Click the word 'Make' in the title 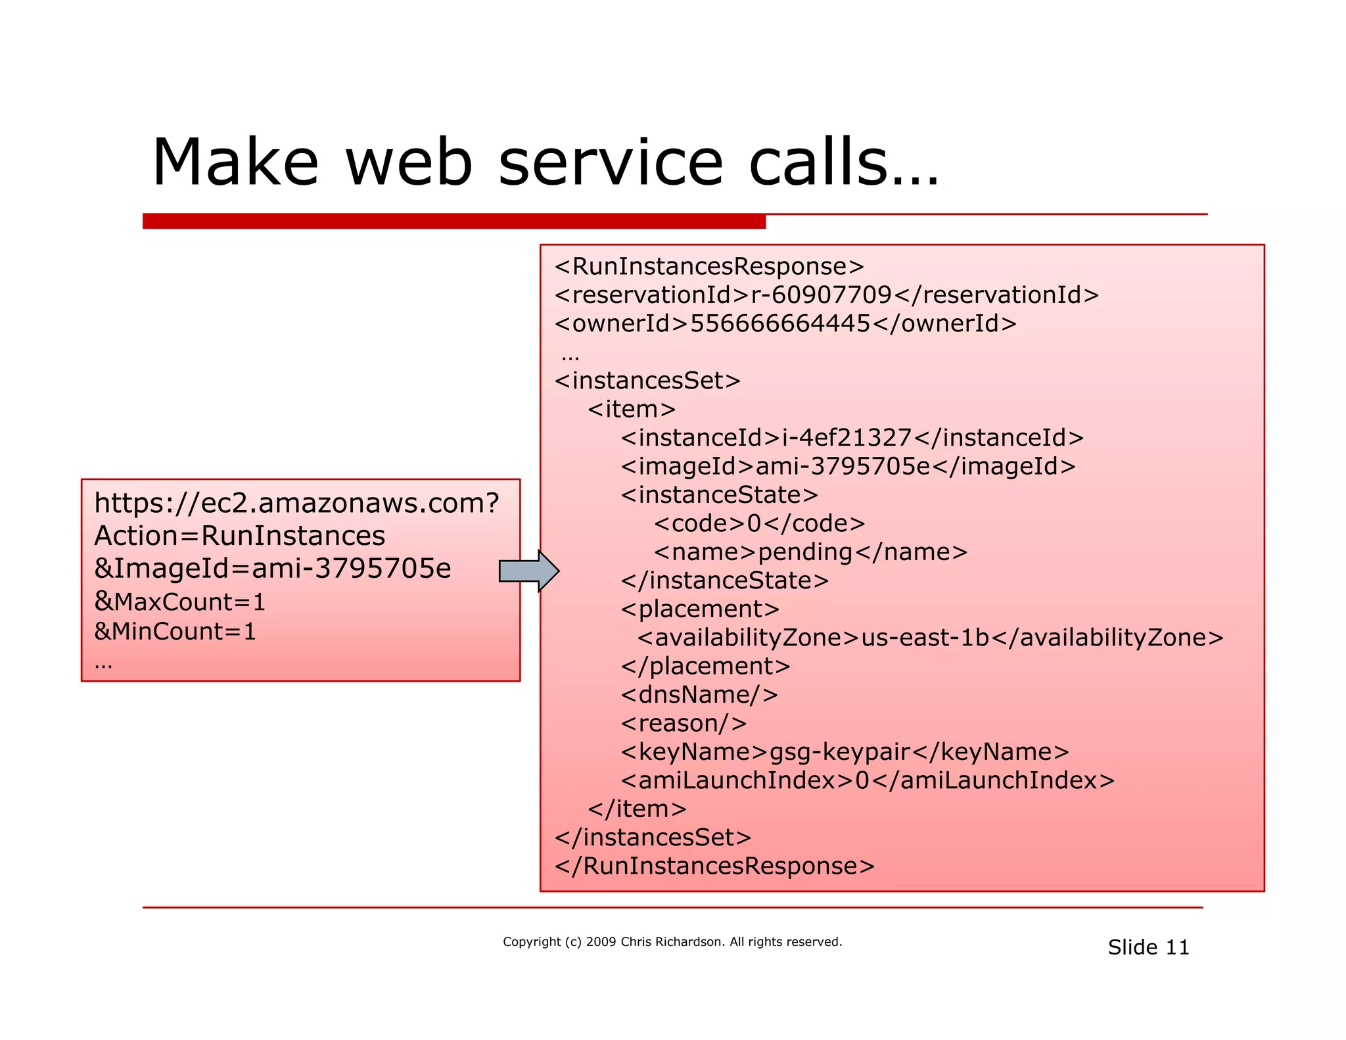[x=235, y=162]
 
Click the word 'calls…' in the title [x=844, y=162]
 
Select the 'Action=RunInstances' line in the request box [x=239, y=536]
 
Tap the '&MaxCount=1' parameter [x=179, y=602]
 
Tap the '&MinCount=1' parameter [x=175, y=631]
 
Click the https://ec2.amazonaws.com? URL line [x=296, y=503]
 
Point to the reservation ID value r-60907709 [x=821, y=295]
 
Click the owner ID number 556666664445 [x=779, y=323]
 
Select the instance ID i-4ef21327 [x=847, y=438]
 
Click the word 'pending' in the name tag [x=804, y=552]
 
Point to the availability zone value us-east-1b [x=925, y=638]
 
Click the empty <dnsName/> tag [x=699, y=695]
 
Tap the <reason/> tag [x=684, y=723]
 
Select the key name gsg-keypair [x=839, y=751]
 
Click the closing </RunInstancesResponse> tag [x=714, y=866]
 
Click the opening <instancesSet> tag [x=647, y=381]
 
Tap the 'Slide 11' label [x=1148, y=947]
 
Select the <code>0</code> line [x=759, y=523]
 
